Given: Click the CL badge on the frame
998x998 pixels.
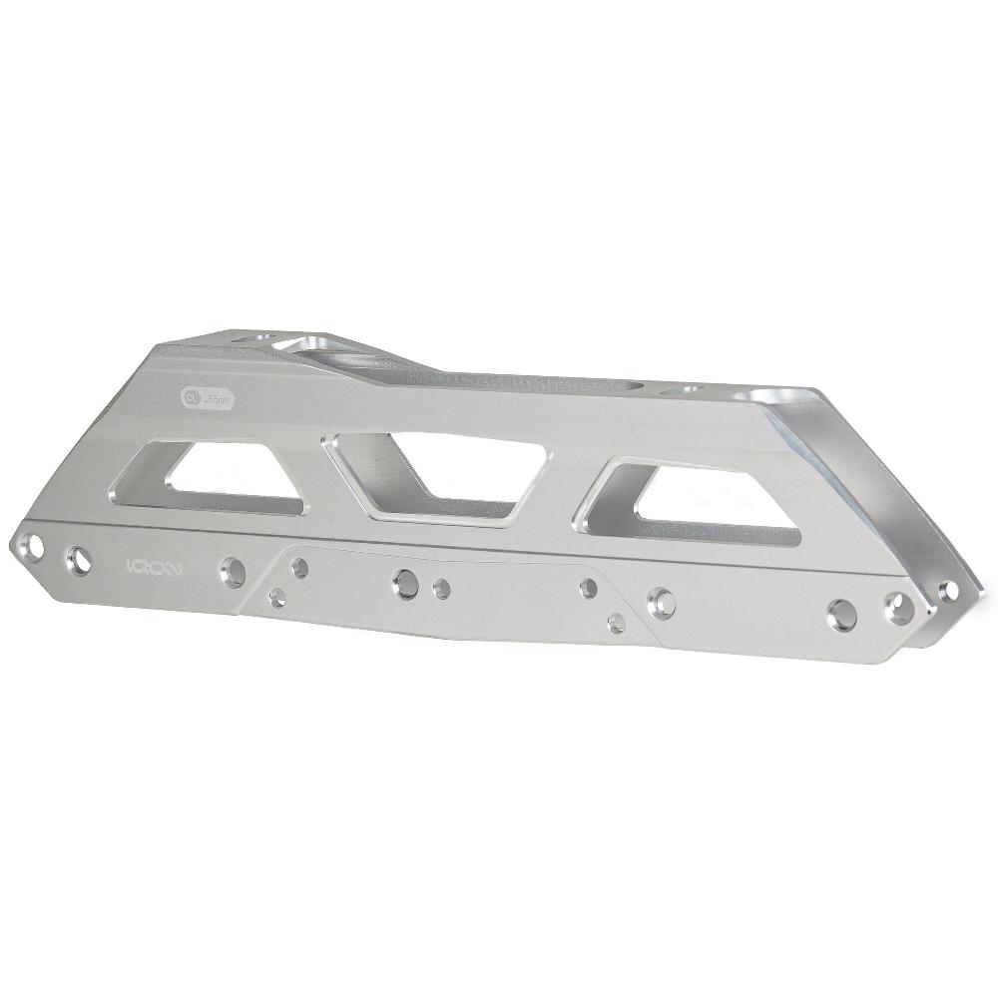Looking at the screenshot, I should pos(191,395).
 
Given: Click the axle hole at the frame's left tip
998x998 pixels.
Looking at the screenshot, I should pos(35,547).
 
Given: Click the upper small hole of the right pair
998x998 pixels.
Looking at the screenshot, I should pos(589,586).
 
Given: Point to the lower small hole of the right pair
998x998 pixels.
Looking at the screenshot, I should pos(616,621).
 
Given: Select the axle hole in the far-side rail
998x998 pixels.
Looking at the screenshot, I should pos(949,589).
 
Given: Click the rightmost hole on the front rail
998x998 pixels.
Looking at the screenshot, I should pos(896,604).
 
